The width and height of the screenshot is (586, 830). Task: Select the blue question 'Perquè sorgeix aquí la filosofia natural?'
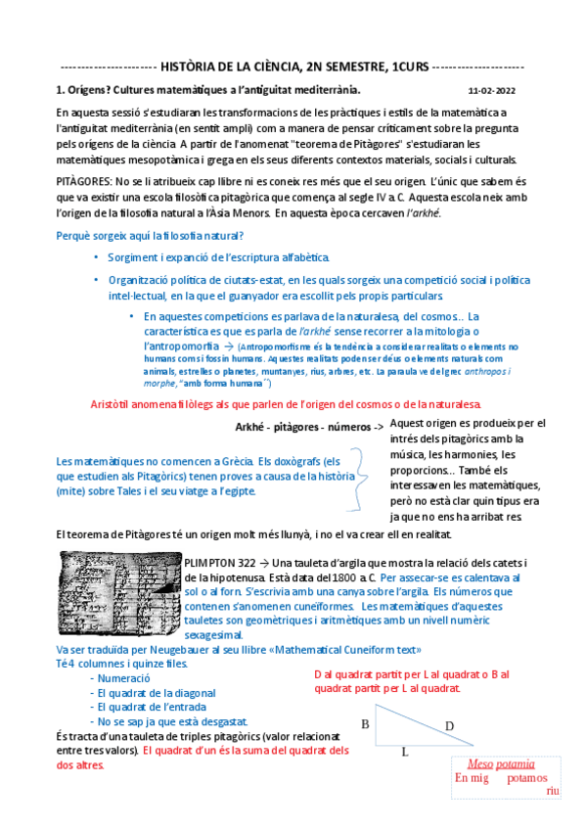coord(150,236)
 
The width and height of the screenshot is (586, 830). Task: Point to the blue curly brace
coord(359,475)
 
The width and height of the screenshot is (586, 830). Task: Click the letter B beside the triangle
coord(364,725)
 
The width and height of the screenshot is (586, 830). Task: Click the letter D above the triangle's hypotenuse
coord(449,726)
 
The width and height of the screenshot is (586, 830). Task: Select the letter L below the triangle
coord(404,753)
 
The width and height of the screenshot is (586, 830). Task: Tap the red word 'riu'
coord(553,790)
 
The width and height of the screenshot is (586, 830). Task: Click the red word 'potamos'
coord(527,778)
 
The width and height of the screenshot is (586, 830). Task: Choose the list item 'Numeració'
coord(123,677)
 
